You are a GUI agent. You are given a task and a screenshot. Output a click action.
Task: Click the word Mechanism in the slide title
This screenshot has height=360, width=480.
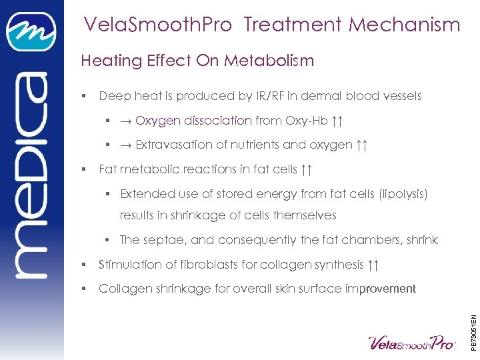coord(405,25)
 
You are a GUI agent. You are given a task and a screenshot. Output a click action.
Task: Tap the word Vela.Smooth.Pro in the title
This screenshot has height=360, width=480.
coord(157,25)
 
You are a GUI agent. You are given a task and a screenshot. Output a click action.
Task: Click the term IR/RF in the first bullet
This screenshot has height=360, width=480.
coord(265,96)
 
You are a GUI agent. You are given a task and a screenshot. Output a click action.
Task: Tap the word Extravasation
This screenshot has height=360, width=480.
coord(172,145)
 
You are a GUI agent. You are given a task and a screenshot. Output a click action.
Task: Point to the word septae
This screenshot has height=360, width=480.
coord(159,240)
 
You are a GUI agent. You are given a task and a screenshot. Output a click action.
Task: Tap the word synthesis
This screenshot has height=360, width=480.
coord(339,265)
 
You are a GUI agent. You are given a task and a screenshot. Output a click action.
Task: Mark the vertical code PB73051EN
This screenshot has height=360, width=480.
coord(473,323)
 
